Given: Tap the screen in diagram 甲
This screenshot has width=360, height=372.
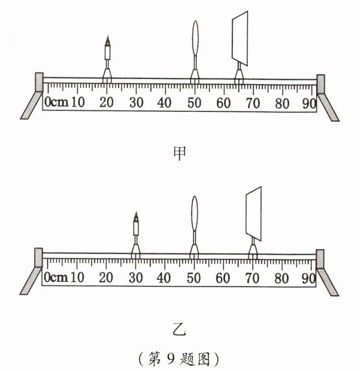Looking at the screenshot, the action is (240, 37).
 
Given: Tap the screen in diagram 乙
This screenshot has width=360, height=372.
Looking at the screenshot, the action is (254, 213).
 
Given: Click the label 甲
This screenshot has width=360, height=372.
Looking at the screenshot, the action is (179, 153).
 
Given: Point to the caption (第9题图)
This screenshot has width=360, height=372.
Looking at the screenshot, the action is (179, 359).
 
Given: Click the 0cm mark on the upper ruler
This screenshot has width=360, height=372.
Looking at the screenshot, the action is (56, 102).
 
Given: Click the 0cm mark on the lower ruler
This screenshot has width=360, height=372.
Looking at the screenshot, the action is (56, 277).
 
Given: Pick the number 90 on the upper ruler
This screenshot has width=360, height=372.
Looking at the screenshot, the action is (309, 102).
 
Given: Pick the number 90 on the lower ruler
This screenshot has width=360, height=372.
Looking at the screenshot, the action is (309, 277).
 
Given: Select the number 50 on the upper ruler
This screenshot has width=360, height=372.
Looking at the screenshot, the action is (193, 102).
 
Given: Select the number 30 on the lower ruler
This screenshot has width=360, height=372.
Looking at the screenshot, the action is (135, 277).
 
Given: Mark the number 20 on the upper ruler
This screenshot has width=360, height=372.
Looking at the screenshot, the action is (106, 102).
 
